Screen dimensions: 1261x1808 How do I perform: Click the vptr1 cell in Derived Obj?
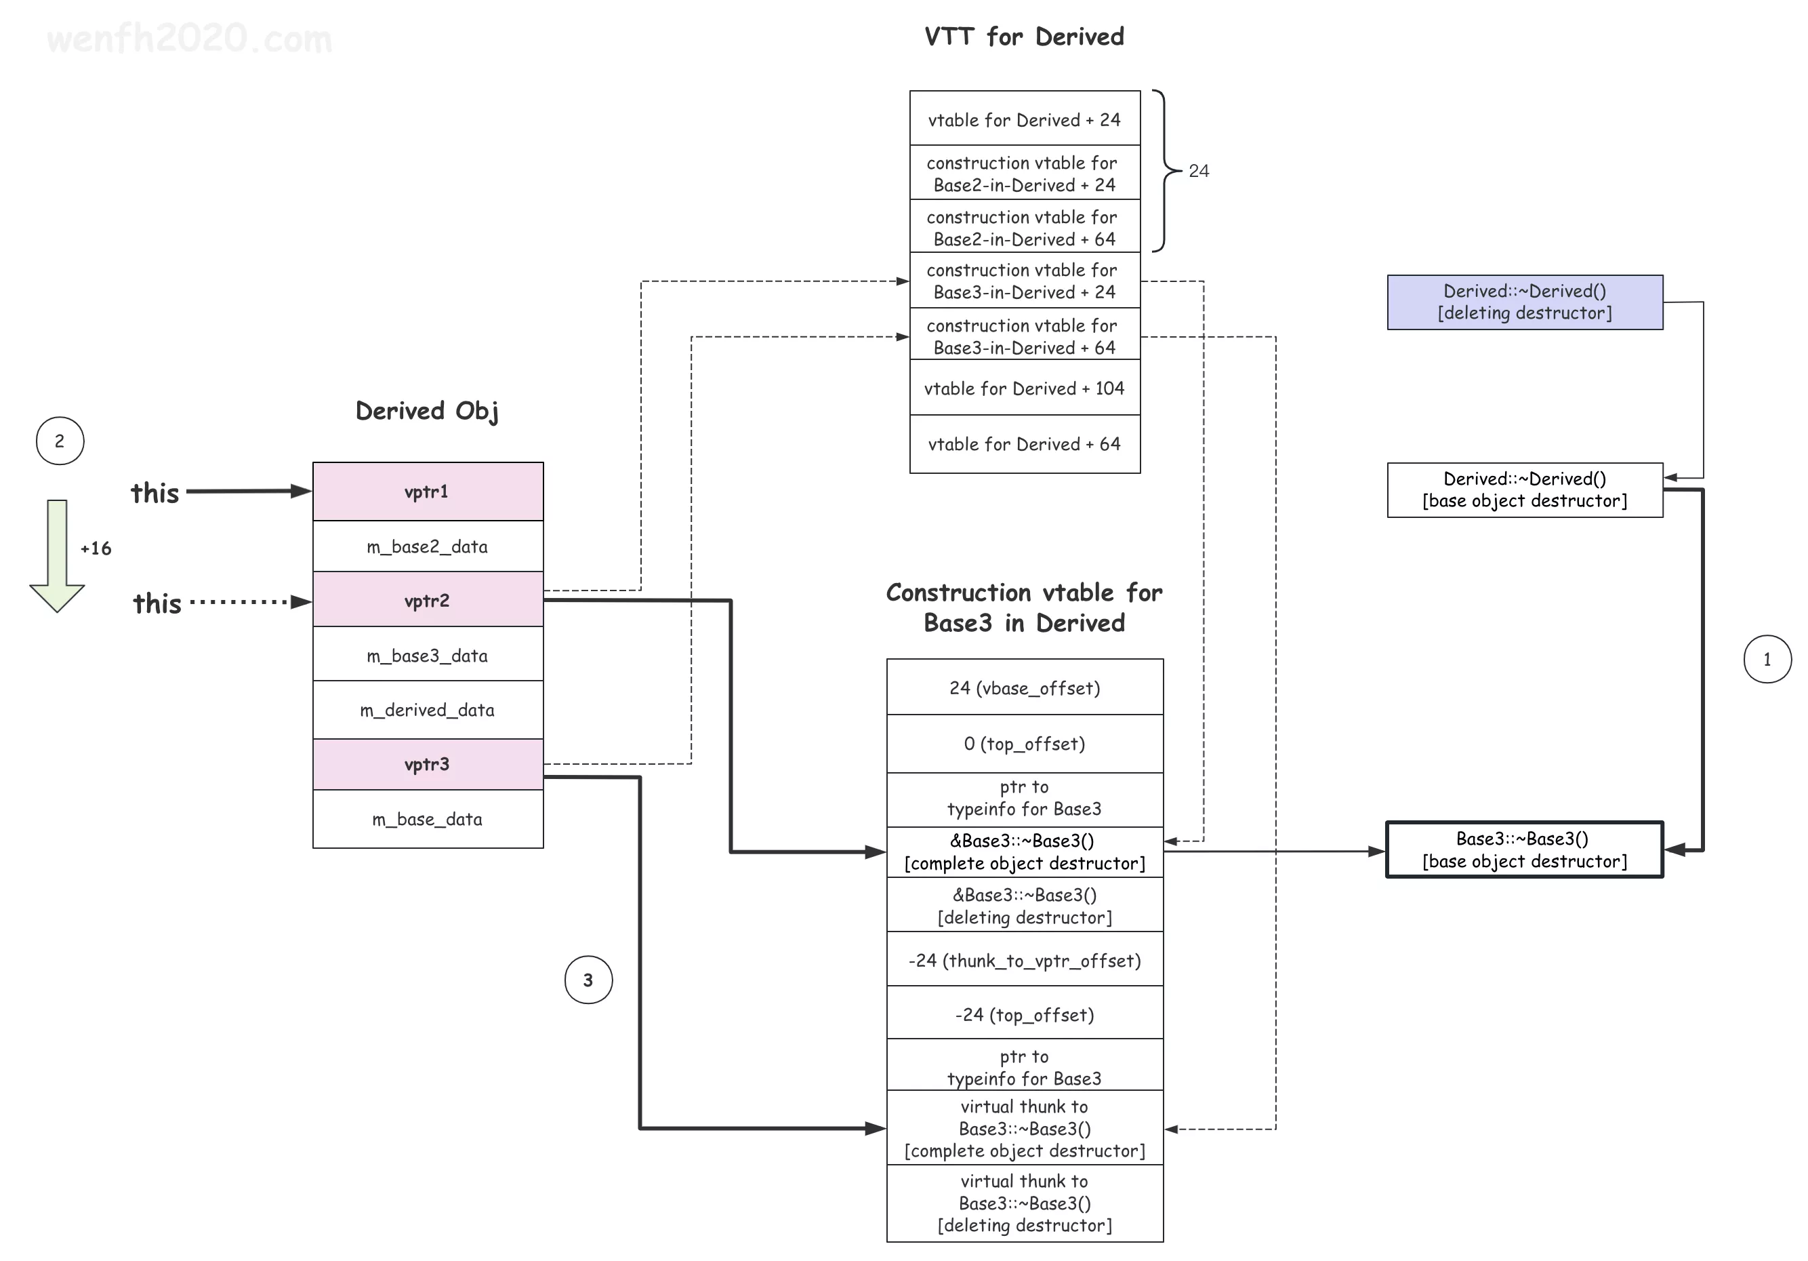point(428,492)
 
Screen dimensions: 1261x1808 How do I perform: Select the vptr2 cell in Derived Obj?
point(428,600)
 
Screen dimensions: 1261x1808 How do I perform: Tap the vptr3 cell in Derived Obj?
point(428,764)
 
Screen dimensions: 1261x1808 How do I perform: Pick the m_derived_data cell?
point(428,710)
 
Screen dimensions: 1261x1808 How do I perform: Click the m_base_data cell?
point(428,819)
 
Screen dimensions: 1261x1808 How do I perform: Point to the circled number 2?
point(60,441)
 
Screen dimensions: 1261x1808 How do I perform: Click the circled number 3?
point(588,980)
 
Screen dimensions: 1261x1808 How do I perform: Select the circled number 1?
point(1767,659)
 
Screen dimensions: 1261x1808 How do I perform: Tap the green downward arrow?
point(58,555)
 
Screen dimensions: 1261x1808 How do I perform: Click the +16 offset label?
point(96,548)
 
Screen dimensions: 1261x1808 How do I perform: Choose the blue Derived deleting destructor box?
point(1525,302)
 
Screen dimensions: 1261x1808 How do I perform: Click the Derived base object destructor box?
point(1525,490)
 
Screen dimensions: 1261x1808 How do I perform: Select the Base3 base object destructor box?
point(1525,850)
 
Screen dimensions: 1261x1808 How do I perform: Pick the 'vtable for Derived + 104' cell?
point(1025,388)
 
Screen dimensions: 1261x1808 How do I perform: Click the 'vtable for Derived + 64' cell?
point(1025,444)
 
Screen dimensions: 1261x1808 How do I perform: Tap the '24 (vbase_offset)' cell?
point(1025,687)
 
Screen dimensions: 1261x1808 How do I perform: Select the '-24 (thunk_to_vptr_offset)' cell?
point(1025,960)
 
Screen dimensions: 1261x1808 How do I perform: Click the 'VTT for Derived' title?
point(1025,36)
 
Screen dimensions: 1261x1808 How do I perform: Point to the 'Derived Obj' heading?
point(428,410)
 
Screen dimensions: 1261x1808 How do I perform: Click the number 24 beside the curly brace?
point(1199,171)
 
